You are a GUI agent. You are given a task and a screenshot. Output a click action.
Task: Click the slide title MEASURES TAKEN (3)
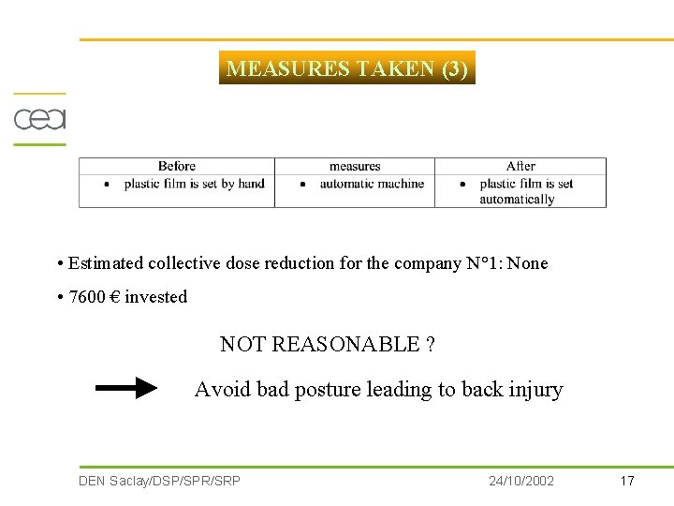click(347, 68)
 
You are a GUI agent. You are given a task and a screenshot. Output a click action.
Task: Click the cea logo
click(39, 120)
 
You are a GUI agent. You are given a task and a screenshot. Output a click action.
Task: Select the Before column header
click(177, 166)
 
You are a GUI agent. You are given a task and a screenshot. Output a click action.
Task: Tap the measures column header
click(355, 166)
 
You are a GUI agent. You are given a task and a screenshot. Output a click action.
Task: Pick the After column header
click(520, 166)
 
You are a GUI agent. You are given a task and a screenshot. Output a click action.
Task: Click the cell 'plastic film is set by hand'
click(195, 184)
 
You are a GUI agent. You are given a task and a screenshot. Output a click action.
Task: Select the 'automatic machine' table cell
click(372, 184)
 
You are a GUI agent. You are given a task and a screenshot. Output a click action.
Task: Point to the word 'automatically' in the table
click(517, 199)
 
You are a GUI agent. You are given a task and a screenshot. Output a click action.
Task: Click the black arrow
click(127, 388)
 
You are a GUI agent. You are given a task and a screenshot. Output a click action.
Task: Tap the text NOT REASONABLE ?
click(327, 344)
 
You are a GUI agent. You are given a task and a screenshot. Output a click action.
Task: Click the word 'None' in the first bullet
click(527, 263)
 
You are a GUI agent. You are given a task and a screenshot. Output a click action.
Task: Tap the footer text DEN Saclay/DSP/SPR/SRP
click(159, 481)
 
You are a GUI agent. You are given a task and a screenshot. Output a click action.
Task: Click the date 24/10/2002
click(521, 481)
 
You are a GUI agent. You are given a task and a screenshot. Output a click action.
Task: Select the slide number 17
click(627, 481)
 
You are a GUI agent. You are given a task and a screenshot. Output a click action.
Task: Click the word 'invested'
click(156, 297)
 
